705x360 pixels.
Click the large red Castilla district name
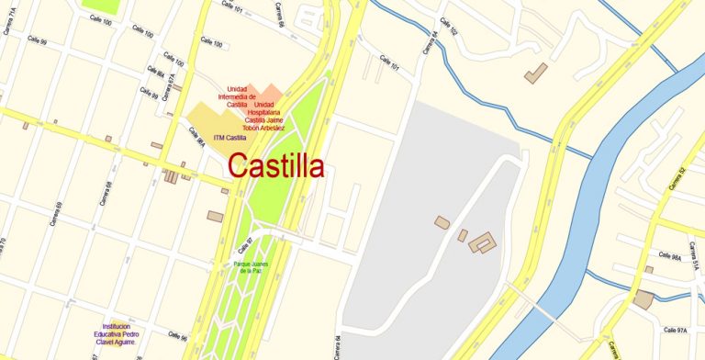(x=275, y=166)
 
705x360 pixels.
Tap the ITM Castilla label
(x=229, y=138)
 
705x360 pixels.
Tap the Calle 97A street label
(x=675, y=329)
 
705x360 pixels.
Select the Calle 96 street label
(x=177, y=338)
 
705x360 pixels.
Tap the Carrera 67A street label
(x=172, y=84)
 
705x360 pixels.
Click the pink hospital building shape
(x=268, y=94)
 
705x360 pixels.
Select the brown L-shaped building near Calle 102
(x=535, y=72)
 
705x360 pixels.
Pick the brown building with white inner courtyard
(x=482, y=242)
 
